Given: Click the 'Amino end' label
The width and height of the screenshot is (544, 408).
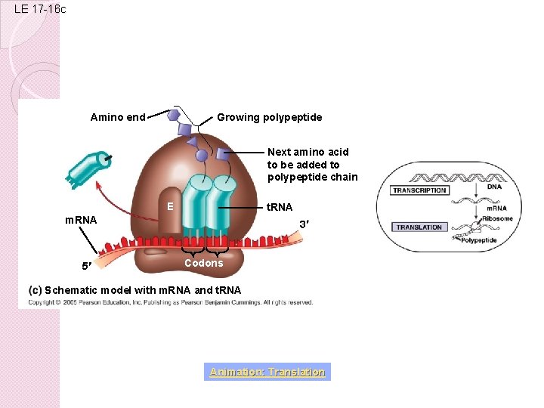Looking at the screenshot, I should click(x=117, y=117).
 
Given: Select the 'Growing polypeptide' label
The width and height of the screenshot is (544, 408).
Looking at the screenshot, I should click(x=269, y=117).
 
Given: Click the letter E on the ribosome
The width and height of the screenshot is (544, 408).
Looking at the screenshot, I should click(x=171, y=206).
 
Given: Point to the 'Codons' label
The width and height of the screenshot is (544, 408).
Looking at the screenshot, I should click(x=204, y=263).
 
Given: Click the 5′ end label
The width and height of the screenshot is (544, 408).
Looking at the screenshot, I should click(x=88, y=266).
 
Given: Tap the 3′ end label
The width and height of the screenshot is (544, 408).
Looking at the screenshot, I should click(x=304, y=224).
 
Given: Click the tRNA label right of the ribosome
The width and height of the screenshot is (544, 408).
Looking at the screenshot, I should click(x=280, y=207).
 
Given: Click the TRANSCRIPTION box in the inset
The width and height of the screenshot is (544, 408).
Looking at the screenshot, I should click(x=419, y=190).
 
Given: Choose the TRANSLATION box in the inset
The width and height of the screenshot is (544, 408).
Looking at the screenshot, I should click(x=419, y=227).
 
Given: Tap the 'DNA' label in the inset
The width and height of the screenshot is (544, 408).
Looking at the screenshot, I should click(x=493, y=186).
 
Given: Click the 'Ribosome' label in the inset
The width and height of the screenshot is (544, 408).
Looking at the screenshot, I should click(x=499, y=219).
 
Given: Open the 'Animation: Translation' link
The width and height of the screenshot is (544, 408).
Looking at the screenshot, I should click(x=267, y=372).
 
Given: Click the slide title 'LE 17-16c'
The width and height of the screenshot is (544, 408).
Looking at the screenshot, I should click(x=40, y=9).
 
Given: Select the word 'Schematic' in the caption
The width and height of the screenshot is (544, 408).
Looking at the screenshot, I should click(x=72, y=290).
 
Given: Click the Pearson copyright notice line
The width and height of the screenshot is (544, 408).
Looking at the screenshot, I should click(x=171, y=302).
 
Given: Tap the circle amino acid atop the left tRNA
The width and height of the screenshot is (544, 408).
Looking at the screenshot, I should click(x=202, y=156).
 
